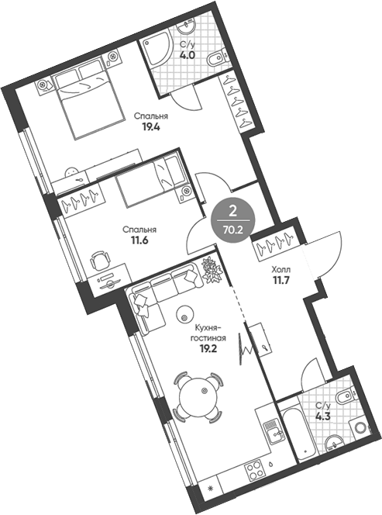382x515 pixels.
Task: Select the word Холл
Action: (x=282, y=270)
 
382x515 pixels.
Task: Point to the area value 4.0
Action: (x=186, y=56)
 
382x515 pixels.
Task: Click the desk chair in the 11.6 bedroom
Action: (x=98, y=260)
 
